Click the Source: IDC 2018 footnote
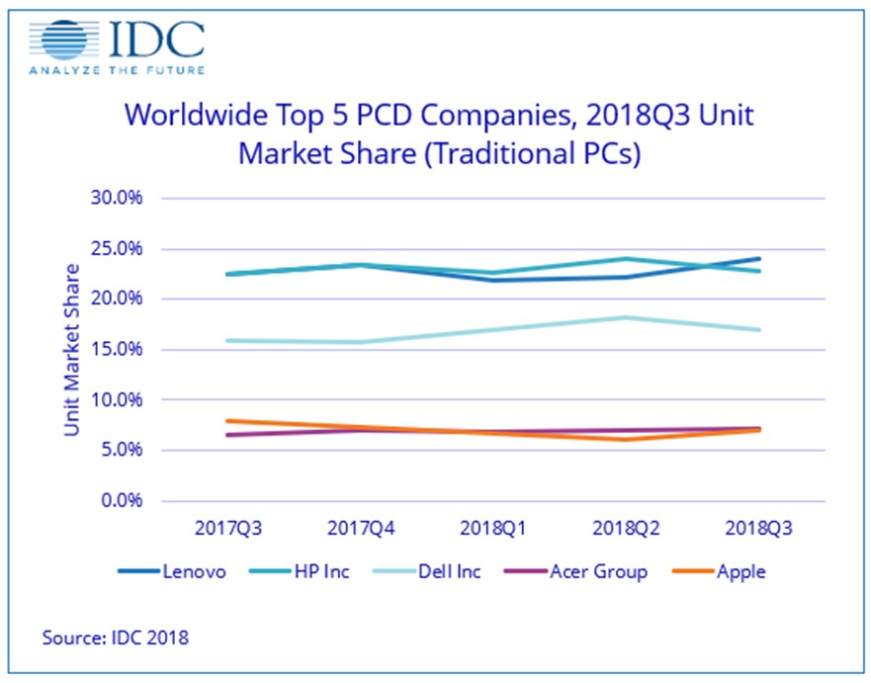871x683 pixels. (115, 638)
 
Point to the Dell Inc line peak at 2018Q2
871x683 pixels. (626, 317)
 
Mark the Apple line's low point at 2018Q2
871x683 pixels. (626, 439)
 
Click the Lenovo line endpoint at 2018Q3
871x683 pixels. (759, 259)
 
